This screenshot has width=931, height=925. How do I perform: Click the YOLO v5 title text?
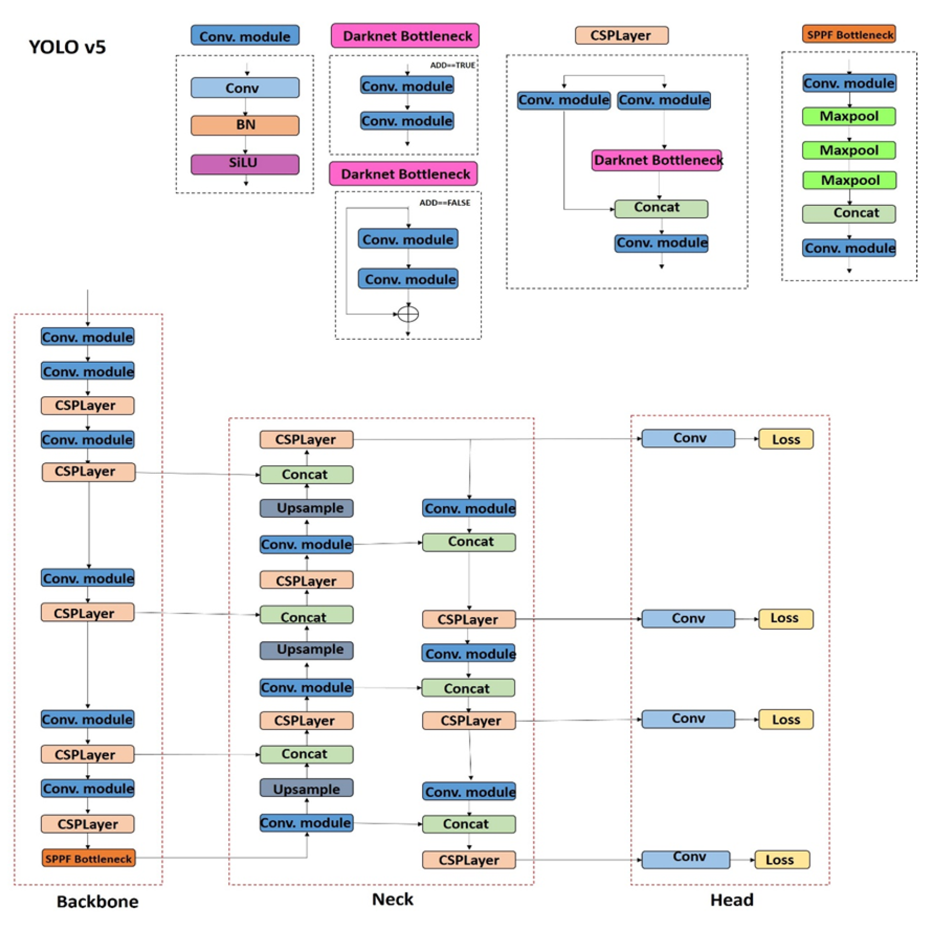67,46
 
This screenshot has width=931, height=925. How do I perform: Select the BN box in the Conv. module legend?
244,124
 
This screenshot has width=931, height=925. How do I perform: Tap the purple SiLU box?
244,163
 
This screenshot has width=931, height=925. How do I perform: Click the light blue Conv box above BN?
244,87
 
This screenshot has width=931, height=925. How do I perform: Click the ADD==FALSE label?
444,202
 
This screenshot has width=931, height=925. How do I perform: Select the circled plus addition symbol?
407,313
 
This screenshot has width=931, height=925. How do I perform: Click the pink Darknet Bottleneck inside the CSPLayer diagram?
656,160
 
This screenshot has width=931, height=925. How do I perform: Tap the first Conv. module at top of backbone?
87,336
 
